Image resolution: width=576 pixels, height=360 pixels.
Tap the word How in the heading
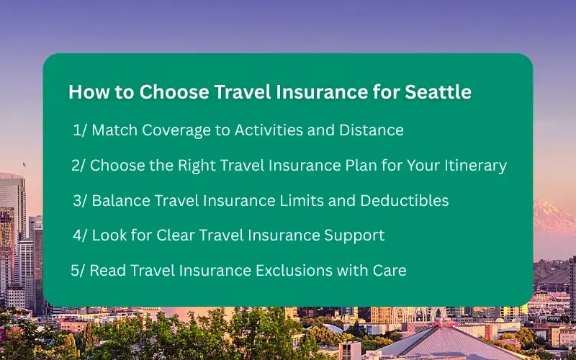click(x=86, y=93)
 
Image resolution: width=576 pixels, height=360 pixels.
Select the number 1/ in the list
click(x=80, y=130)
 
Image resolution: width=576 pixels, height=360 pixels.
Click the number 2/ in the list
click(x=78, y=166)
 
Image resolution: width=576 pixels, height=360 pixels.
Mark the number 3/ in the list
click(x=80, y=201)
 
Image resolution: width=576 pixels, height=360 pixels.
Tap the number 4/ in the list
click(x=80, y=235)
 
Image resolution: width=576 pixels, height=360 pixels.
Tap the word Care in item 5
click(x=390, y=271)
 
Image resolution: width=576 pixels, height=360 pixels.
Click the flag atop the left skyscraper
click(x=24, y=166)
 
